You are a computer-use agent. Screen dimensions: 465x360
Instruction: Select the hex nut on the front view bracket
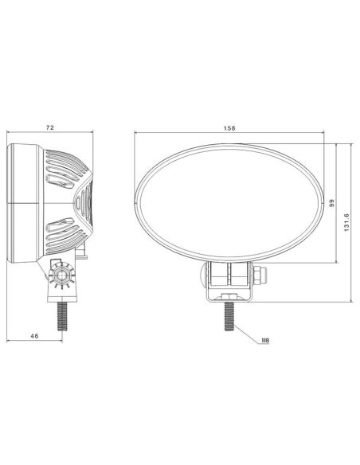260,276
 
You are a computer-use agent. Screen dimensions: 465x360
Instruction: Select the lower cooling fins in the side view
66,235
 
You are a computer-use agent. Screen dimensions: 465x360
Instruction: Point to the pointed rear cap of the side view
88,202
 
